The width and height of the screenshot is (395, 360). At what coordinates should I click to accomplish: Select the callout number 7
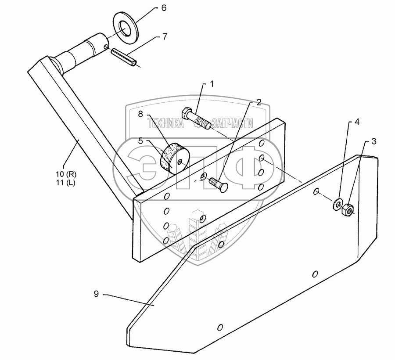point(164,37)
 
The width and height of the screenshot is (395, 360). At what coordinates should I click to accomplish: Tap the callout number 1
point(212,83)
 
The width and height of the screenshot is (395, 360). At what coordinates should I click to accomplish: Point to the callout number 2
point(258,103)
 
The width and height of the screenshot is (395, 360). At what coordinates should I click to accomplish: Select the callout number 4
point(357,122)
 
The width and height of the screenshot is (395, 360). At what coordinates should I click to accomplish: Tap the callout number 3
point(373,141)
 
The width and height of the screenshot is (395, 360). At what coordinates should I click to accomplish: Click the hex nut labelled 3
point(348,211)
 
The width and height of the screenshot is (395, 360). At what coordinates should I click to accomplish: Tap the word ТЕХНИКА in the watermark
point(166,124)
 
